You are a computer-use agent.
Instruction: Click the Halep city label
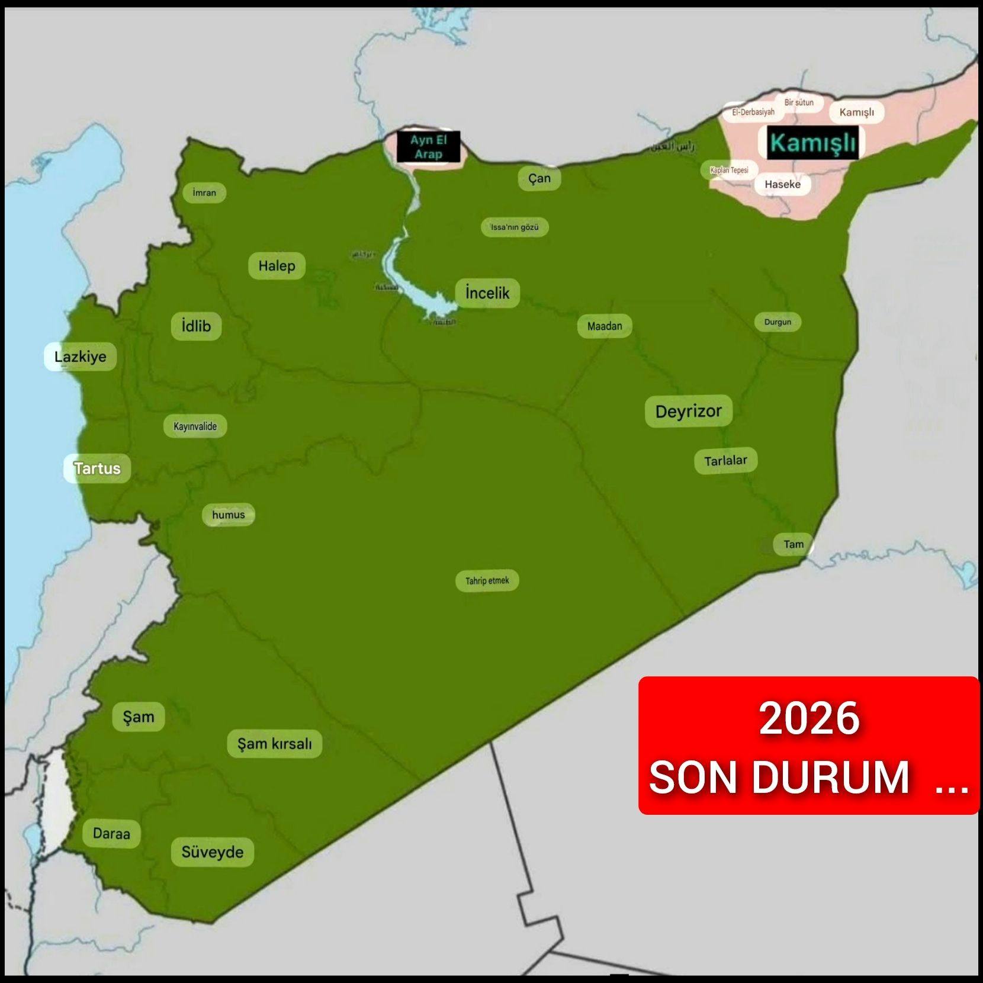tap(277, 266)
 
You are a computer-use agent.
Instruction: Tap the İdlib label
tap(196, 326)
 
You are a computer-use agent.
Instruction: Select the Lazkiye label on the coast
tap(81, 356)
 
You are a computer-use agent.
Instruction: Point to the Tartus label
tap(97, 468)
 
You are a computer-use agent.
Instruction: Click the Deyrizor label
tap(688, 411)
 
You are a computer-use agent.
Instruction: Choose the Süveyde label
tap(213, 852)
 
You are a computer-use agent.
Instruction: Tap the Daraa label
tap(111, 834)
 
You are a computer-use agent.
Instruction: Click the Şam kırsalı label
tap(274, 744)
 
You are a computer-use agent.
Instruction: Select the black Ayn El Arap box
tap(429, 147)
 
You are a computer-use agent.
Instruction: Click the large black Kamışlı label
tap(812, 143)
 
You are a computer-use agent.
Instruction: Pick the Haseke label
tap(782, 184)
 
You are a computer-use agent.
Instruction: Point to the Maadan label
tap(605, 326)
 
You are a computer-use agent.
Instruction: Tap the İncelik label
tap(487, 293)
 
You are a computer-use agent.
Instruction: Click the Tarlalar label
tap(725, 461)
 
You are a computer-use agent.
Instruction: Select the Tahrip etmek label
tap(487, 580)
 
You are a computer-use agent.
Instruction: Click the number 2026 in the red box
tap(809, 718)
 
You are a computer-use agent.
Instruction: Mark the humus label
tap(229, 515)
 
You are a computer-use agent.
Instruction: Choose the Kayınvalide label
tap(195, 426)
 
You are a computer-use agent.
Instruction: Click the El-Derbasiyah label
tap(753, 112)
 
